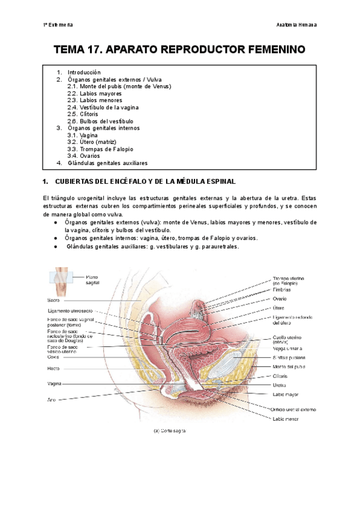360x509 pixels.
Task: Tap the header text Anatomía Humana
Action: pos(296,25)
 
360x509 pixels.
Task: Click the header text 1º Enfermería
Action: pos(58,25)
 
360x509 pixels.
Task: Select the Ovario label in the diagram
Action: pos(280,298)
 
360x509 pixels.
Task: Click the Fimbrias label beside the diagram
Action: pos(282,289)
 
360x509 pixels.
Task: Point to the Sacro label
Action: pos(54,298)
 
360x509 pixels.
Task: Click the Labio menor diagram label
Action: pos(286,419)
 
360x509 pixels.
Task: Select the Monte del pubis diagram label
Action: pos(289,366)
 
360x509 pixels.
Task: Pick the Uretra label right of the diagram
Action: pos(279,385)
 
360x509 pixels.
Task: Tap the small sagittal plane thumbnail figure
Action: pos(60,279)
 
